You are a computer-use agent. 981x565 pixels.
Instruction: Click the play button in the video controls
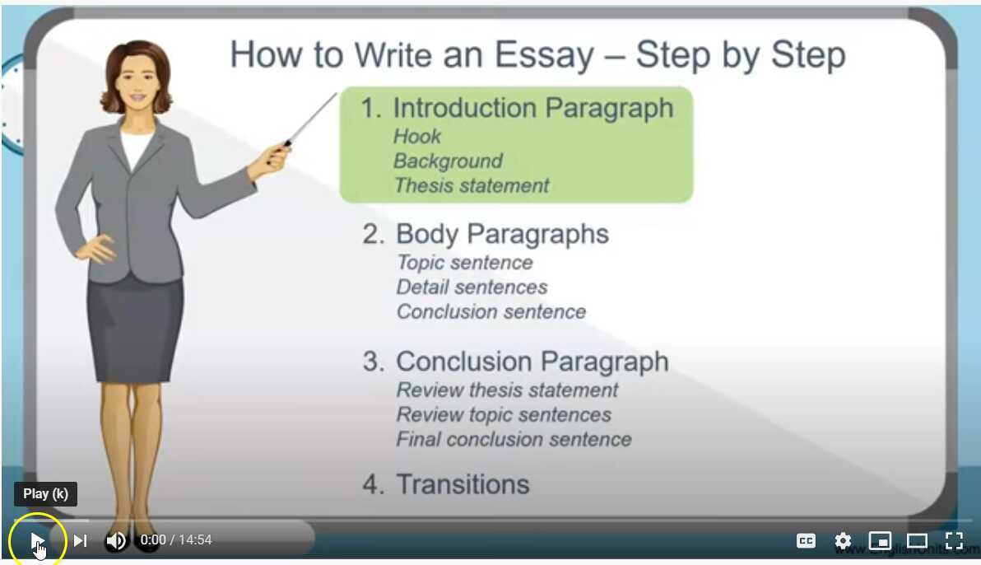[37, 540]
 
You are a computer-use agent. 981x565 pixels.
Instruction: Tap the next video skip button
[80, 540]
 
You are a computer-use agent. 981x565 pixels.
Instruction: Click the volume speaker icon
[116, 540]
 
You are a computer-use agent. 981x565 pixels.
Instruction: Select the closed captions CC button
[806, 541]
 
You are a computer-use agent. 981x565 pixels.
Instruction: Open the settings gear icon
[843, 541]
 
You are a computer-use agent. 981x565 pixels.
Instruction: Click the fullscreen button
[954, 541]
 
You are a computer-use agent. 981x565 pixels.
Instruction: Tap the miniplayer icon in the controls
[880, 541]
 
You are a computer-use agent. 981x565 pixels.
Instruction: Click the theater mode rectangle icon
[917, 541]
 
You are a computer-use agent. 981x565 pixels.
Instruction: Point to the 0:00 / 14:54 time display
[176, 540]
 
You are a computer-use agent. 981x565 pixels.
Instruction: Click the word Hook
[417, 137]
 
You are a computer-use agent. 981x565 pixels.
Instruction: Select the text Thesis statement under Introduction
[472, 186]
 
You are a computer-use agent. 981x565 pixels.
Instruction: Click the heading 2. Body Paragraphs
[486, 235]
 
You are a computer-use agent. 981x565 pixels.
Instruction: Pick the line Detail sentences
[472, 287]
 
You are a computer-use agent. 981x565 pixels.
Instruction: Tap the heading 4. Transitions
[446, 484]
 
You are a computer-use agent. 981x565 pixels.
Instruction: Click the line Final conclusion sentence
[514, 440]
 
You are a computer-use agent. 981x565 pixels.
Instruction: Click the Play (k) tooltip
[46, 494]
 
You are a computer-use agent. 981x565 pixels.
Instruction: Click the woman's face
[137, 82]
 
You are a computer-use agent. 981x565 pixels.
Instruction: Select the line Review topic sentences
[504, 415]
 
